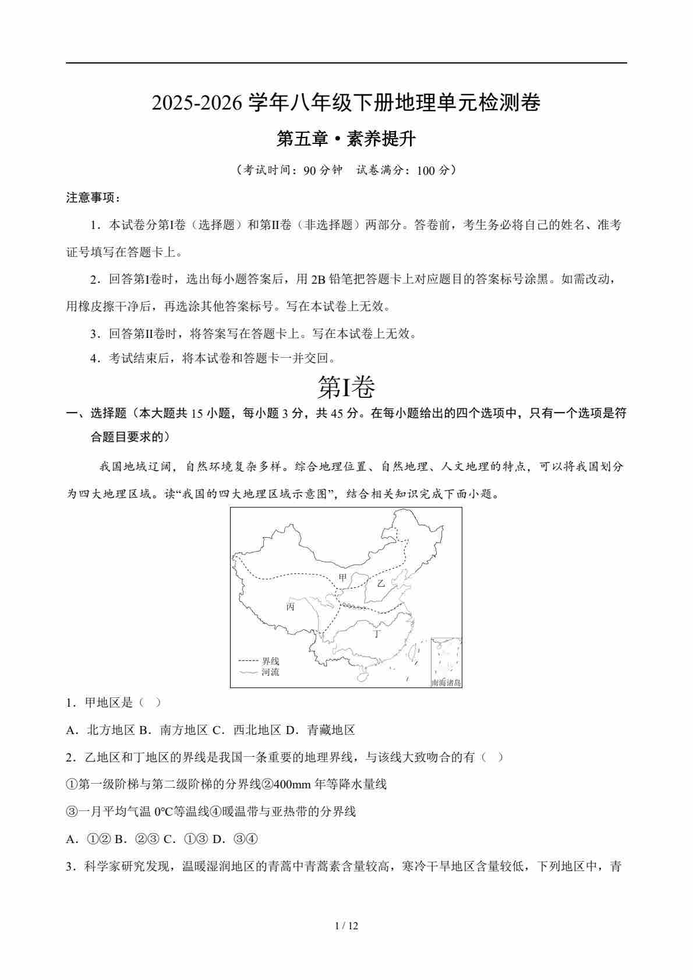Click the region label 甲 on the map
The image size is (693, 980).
(x=342, y=577)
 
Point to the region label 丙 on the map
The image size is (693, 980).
(x=290, y=607)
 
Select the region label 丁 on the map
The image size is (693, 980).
(x=377, y=634)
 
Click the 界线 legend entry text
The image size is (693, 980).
(x=270, y=661)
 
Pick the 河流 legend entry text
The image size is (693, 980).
(x=270, y=672)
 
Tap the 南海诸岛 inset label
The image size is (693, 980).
(x=446, y=683)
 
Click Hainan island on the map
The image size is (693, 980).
(x=362, y=676)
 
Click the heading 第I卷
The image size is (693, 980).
(x=346, y=386)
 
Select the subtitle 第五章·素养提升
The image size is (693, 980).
(x=346, y=139)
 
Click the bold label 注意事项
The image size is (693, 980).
(x=92, y=198)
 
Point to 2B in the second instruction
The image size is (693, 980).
(x=318, y=279)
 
